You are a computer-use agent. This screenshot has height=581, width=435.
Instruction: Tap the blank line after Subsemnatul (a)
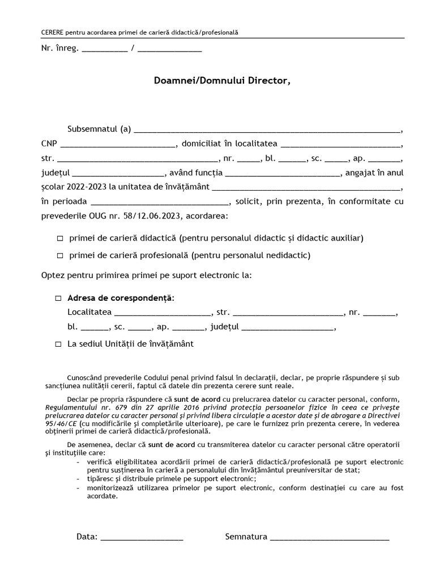(266, 129)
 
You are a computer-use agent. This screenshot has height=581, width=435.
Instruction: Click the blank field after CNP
(118, 144)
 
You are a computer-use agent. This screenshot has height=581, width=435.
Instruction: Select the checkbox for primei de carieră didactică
(60, 238)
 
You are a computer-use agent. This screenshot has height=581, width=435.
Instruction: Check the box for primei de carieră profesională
(60, 256)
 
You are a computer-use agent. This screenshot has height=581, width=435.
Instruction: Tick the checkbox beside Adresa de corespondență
(58, 298)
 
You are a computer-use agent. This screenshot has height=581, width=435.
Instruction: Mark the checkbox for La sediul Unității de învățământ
(58, 344)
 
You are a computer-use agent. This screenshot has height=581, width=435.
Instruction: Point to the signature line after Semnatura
(330, 537)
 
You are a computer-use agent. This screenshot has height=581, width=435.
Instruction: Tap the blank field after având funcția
(282, 172)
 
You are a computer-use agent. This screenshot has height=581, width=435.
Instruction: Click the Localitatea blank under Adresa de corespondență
(162, 313)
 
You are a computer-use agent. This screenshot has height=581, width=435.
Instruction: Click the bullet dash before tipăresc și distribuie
(78, 479)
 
